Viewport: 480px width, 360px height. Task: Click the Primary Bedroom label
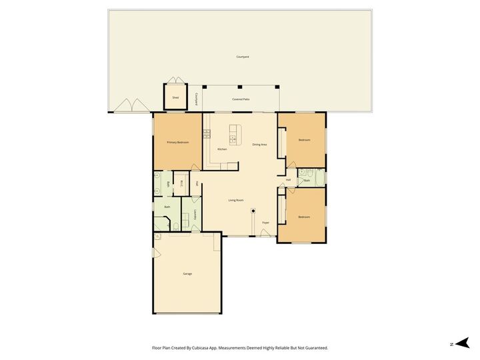tap(177, 143)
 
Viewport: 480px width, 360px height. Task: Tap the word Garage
tap(187, 274)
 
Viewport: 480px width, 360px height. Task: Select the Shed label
tap(175, 97)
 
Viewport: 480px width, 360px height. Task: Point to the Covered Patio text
tap(241, 99)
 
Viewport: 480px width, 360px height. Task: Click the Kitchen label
tap(222, 149)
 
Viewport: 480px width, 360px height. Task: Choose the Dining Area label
tap(259, 145)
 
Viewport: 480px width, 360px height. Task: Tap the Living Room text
tap(236, 200)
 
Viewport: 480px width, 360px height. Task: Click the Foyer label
tap(265, 222)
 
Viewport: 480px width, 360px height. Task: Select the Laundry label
tap(195, 215)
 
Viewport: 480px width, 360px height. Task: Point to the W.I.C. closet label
tap(181, 183)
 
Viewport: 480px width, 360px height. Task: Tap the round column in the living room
tap(253, 211)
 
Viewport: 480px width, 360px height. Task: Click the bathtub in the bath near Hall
tap(318, 177)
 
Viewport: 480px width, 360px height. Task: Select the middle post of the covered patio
tap(240, 86)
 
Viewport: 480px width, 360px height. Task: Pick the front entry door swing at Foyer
tap(265, 233)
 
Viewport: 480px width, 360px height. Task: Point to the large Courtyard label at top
tap(243, 57)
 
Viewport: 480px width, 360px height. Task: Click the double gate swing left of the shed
tap(130, 106)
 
